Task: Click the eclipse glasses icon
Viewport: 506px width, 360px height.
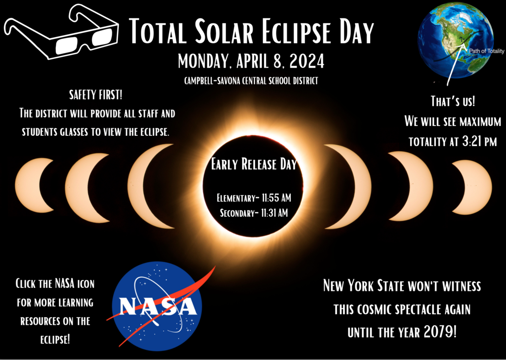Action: (62, 32)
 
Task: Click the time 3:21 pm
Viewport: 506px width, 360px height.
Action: (473, 142)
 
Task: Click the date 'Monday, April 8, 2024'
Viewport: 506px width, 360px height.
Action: (251, 62)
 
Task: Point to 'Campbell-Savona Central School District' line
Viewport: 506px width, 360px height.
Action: (251, 80)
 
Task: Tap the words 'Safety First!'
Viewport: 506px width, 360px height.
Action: (97, 95)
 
